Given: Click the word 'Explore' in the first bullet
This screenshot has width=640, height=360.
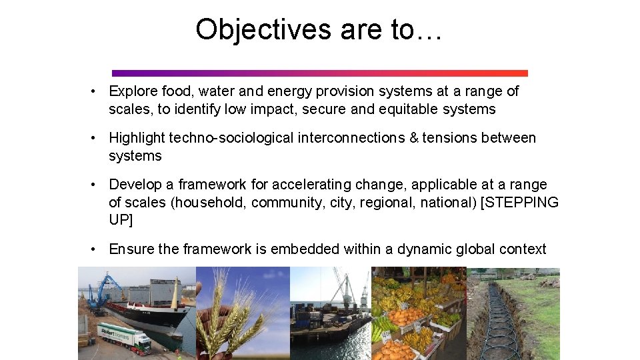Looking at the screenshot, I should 133,91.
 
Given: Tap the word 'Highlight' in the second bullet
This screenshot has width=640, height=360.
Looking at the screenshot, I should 137,138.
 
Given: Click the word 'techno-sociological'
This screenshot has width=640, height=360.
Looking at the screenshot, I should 231,138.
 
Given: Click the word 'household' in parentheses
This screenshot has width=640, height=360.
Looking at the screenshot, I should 209,203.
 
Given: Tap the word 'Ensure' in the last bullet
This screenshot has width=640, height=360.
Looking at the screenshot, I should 132,249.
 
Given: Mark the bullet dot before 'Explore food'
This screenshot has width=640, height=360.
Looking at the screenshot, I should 96,91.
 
